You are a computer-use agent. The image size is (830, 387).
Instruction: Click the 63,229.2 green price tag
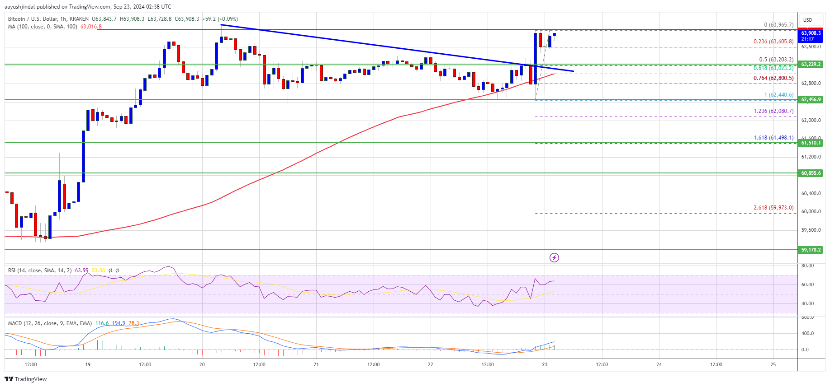pos(811,64)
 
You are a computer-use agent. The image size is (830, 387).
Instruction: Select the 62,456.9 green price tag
pos(811,99)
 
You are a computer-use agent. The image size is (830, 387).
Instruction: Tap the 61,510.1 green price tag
pos(811,143)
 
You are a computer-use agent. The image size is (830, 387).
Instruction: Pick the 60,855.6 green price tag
pos(811,173)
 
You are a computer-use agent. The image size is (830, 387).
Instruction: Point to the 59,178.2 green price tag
pos(811,250)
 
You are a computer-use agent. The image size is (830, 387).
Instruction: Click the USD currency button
pos(807,20)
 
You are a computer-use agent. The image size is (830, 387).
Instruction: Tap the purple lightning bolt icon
pos(554,257)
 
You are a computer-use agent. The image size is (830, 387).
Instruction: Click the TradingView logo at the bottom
pos(26,379)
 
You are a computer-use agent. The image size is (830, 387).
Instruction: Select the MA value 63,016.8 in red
pos(91,27)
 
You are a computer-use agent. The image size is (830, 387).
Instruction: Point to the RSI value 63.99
pos(81,270)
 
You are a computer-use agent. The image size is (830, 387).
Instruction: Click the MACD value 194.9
pos(119,323)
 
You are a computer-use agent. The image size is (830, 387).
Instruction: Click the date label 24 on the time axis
pos(659,364)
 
